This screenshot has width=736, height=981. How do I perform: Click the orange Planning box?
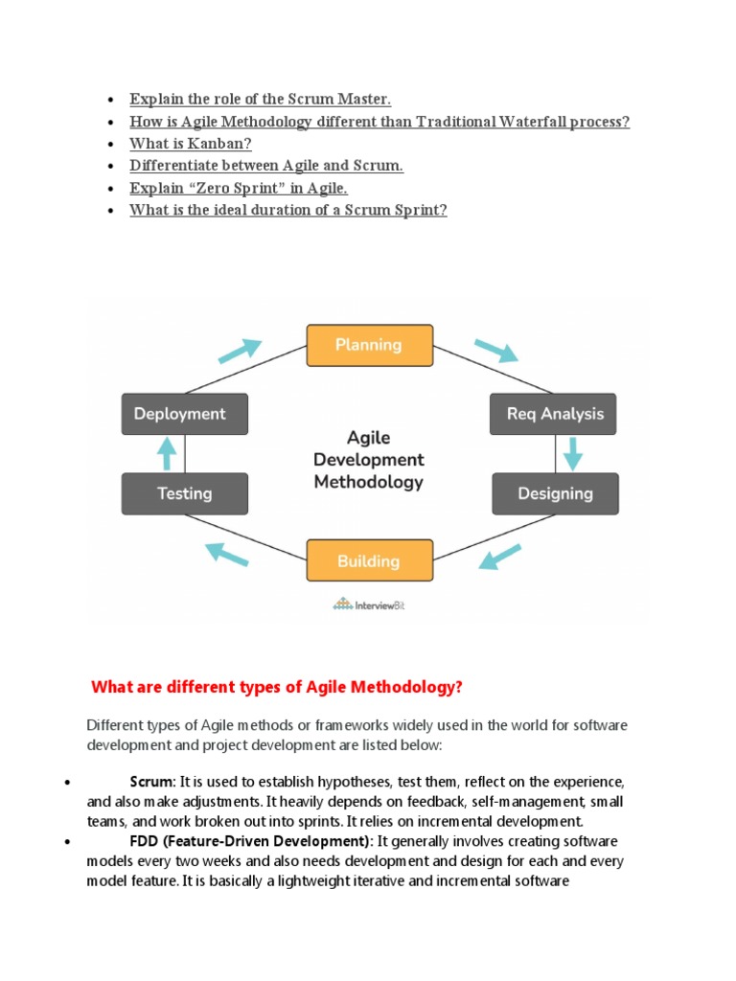point(369,345)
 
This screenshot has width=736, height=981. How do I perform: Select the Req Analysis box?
point(554,414)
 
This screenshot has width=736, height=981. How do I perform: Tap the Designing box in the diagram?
point(555,493)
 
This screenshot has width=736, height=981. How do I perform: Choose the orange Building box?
point(369,560)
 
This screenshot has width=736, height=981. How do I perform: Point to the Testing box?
point(185,493)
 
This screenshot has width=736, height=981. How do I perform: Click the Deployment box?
point(185,414)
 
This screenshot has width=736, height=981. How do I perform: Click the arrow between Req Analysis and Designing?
point(572,453)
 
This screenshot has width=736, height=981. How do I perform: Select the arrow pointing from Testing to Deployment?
point(168,453)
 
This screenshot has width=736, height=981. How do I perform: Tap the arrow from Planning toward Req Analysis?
point(495,351)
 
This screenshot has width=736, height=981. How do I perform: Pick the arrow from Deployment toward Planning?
point(240,351)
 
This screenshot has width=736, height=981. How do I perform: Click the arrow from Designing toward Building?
point(499,557)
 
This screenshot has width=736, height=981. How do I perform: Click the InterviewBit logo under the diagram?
point(369,604)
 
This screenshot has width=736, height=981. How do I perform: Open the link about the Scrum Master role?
point(261,100)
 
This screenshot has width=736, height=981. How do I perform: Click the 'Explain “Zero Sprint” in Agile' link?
point(239,188)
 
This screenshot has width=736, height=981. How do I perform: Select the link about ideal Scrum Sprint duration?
point(288,210)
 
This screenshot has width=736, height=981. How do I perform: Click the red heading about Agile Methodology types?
point(277,687)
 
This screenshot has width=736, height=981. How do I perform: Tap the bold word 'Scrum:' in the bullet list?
point(152,782)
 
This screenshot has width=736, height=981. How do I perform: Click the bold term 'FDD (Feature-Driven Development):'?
point(251,841)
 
